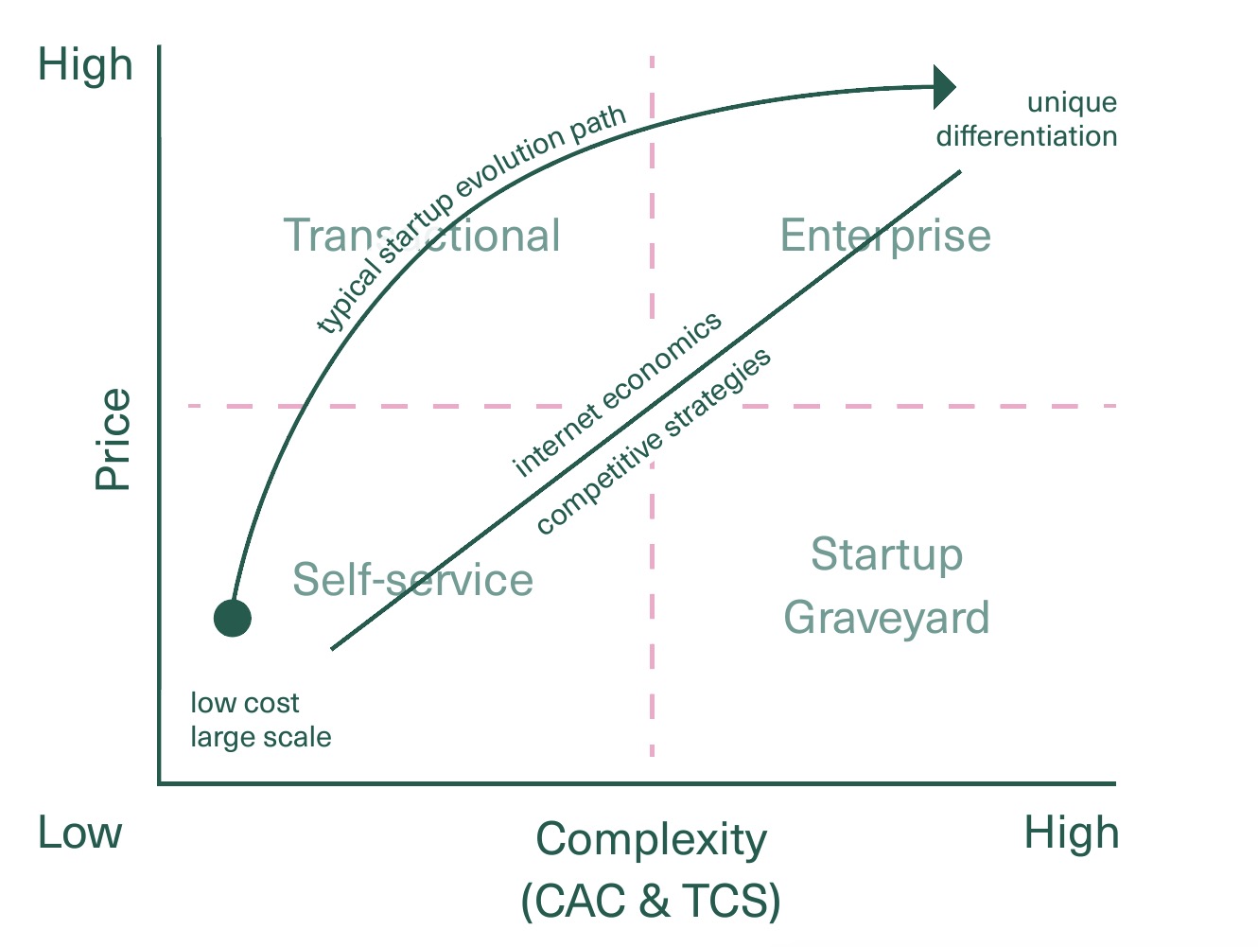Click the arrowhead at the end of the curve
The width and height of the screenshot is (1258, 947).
943,87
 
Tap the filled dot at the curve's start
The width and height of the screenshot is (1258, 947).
233,619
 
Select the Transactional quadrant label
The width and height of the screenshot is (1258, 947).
422,236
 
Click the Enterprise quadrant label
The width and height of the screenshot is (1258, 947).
885,236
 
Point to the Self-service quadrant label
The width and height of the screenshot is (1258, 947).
412,579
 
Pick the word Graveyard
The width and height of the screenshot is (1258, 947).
886,618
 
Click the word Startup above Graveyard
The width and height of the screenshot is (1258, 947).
886,554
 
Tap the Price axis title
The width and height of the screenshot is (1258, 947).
113,439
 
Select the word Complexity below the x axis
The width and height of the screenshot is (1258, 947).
651,838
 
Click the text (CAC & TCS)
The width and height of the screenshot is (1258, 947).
651,900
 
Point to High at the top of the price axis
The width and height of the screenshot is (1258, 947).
85,65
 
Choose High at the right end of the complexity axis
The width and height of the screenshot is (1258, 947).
1072,833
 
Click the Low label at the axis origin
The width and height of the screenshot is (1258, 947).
80,833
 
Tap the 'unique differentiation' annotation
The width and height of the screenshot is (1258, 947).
1027,119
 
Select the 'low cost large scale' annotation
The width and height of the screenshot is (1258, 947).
260,720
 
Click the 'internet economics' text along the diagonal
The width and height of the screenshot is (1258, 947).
617,394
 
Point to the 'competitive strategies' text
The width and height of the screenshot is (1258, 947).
654,441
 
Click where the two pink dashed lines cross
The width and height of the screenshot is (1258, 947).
652,406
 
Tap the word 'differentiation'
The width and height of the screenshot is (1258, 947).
1027,136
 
